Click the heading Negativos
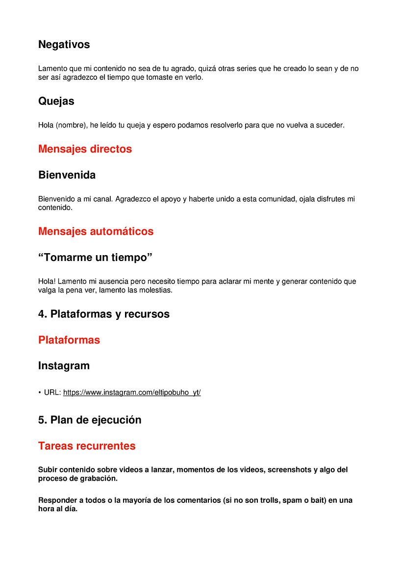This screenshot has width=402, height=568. pos(64,45)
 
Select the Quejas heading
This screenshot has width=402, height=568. pos(56,101)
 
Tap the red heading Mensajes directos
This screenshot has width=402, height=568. pos(85,149)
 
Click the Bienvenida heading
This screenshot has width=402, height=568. pos(67,175)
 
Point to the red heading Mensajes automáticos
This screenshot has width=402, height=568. pos(96,231)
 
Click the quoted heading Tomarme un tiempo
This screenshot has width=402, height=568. pos(95,258)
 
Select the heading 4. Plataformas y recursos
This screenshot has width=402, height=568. pos(104,314)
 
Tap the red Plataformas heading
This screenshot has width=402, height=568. pos(69,340)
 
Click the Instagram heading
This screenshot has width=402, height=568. pos(64,366)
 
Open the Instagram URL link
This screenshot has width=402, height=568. pos(132,392)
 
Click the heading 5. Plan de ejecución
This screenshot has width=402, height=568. pos(90,420)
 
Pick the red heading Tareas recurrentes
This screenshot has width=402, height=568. pos(87,446)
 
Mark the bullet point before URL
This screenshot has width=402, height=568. pos(40,393)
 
